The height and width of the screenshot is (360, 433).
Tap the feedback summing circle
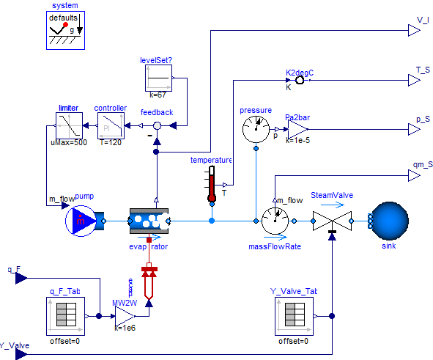coord(156,126)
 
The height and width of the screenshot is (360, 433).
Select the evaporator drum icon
coord(149,219)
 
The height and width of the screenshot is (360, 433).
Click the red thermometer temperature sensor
coord(212,183)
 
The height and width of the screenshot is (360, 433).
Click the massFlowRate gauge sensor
coord(275,219)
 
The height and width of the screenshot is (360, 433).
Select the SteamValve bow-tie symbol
coord(332,219)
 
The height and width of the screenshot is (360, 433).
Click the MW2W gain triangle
coord(124,316)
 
